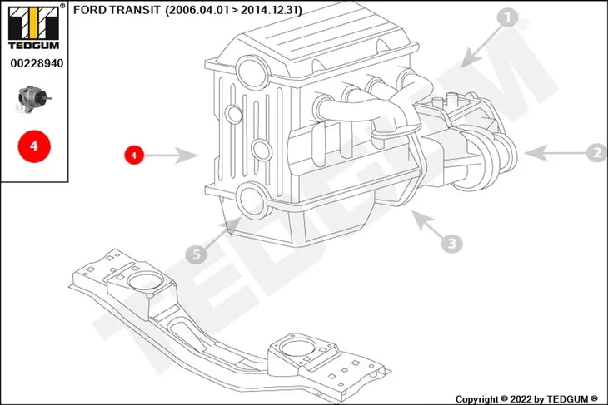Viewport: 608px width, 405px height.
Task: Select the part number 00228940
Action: pos(37,63)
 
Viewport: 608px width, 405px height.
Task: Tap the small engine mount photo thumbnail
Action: pos(34,100)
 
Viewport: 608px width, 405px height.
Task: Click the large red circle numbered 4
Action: pos(34,146)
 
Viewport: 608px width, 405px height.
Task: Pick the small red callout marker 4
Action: pos(134,155)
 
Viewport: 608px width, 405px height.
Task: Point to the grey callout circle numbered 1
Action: pos(507,17)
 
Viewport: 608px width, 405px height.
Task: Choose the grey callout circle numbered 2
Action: pos(596,152)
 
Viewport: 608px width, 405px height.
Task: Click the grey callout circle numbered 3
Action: pos(451,243)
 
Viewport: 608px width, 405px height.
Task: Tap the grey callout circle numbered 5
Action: pos(197,254)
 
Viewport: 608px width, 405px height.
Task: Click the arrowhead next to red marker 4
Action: pos(188,156)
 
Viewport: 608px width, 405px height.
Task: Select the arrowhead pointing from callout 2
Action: pos(535,153)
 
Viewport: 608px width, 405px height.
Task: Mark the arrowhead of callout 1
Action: pos(471,58)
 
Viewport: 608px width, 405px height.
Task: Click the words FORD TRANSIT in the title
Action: pos(117,10)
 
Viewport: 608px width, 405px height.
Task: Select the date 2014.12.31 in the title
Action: pos(270,10)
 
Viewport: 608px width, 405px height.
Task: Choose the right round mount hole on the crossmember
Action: pos(298,348)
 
